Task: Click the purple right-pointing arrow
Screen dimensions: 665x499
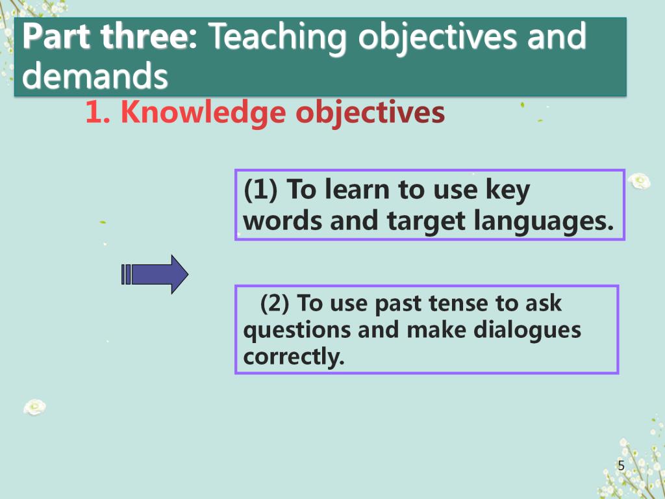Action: pos(155,275)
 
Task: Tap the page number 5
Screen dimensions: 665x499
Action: pos(621,465)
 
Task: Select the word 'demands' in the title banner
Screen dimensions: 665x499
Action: pos(95,75)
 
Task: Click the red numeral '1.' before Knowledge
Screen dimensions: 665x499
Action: pos(98,112)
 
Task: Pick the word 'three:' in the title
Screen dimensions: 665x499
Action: pos(149,36)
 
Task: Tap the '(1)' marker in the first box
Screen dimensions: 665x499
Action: pos(261,190)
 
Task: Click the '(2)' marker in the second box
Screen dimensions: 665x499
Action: pos(275,303)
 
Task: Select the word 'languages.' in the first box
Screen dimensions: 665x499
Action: pos(544,222)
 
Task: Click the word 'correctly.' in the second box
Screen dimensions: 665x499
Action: pos(294,357)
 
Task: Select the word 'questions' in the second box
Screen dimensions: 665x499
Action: pos(297,331)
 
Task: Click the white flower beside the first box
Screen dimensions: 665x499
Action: pos(639,181)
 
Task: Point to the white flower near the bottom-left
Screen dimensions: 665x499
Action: pos(35,407)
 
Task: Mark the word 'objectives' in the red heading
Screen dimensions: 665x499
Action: pos(370,113)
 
